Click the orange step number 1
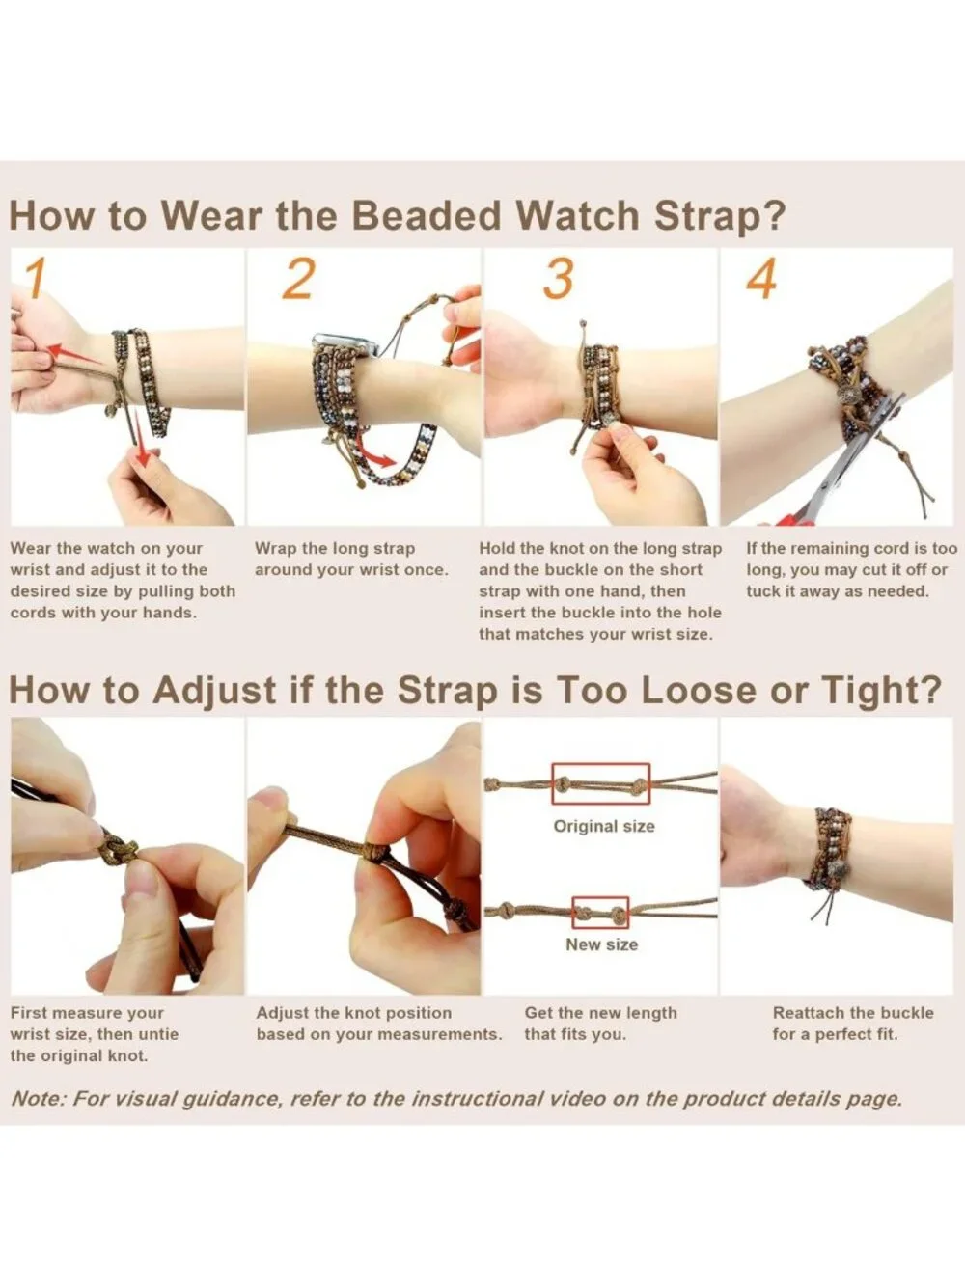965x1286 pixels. (35, 278)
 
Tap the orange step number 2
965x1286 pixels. (299, 278)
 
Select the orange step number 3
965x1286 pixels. (558, 278)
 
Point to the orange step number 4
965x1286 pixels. (761, 278)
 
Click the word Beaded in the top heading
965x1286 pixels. (427, 215)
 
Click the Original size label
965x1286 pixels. (604, 826)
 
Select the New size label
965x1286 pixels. (602, 944)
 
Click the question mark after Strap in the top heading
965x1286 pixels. (775, 215)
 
